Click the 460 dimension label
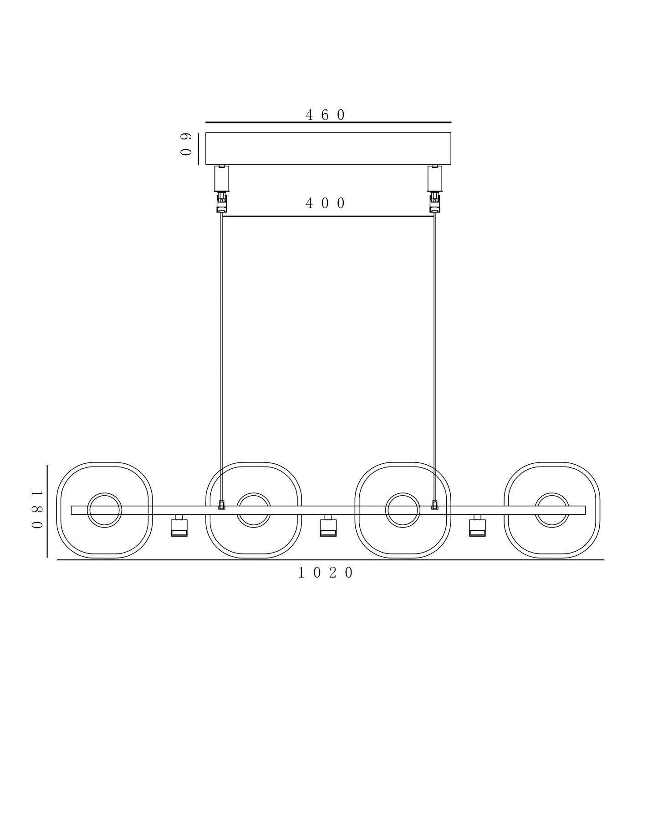325,115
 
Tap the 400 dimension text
325,203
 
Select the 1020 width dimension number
326,573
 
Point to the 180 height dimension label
37,510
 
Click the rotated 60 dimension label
185,145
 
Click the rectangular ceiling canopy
328,148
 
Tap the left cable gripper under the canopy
222,188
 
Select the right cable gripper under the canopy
435,188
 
